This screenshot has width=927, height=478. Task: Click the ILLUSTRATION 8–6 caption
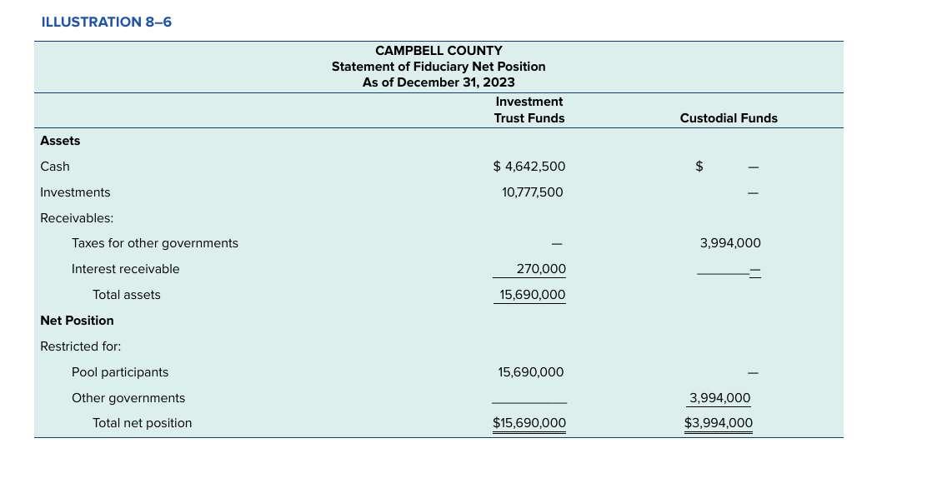106,22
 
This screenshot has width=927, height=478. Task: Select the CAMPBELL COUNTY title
438,51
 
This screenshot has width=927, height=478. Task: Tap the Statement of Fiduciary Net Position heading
438,67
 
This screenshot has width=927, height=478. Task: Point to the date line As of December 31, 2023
438,82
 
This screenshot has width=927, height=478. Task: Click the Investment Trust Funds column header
529,110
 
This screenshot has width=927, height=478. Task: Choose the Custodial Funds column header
728,118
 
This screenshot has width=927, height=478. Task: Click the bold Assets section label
60,141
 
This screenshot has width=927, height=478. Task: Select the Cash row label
55,167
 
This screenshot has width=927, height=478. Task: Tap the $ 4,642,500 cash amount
529,167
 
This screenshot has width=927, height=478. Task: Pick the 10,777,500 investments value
532,192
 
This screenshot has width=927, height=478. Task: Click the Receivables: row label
77,218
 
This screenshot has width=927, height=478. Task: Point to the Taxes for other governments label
154,243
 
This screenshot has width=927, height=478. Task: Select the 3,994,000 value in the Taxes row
730,243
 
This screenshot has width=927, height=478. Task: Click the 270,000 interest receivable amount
541,269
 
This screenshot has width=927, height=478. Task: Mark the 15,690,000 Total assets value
532,295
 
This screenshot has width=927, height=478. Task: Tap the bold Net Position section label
77,321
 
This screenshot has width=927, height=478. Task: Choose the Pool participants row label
120,372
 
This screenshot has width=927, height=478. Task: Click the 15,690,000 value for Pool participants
531,372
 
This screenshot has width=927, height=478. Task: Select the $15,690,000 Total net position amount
529,423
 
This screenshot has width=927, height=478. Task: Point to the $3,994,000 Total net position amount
718,423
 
